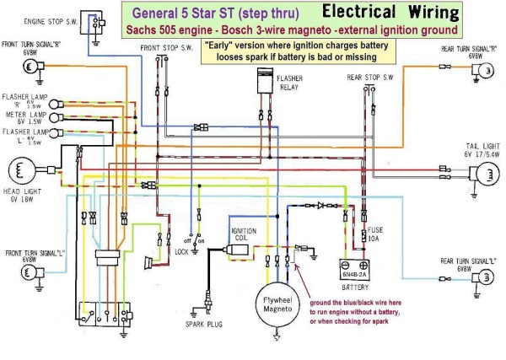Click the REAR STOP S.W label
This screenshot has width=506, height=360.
click(369, 78)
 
